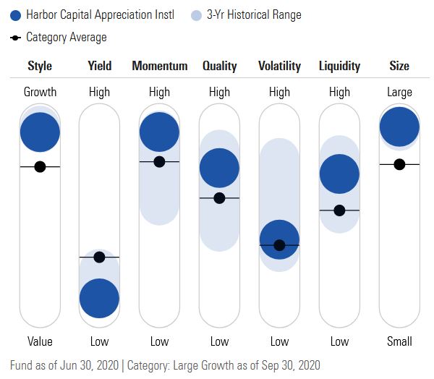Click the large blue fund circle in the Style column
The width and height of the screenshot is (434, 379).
[x=40, y=132]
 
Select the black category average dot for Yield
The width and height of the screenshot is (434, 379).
[x=99, y=257]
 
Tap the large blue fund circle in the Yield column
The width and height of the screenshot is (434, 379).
[x=99, y=298]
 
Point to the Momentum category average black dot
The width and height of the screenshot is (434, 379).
[x=159, y=161]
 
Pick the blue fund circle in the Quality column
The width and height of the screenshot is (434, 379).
[x=219, y=167]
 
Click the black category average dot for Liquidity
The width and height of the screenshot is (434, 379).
[x=339, y=210]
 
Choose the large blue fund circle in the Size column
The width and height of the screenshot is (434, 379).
[x=399, y=127]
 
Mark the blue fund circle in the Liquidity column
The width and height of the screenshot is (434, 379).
[x=339, y=174]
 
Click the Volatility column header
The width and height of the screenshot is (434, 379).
[x=279, y=66]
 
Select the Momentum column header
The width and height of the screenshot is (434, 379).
[x=159, y=66]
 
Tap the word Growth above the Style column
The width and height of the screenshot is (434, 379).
[x=40, y=92]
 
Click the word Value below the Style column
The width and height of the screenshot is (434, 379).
[x=40, y=341]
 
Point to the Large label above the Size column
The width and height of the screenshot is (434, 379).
[x=399, y=92]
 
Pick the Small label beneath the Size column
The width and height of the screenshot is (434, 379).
[x=399, y=341]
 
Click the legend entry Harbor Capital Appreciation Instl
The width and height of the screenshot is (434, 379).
[x=100, y=14]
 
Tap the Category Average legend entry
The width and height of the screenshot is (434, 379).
[x=66, y=37]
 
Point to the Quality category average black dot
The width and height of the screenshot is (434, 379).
[x=219, y=197]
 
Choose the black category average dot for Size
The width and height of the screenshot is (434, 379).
[x=399, y=164]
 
